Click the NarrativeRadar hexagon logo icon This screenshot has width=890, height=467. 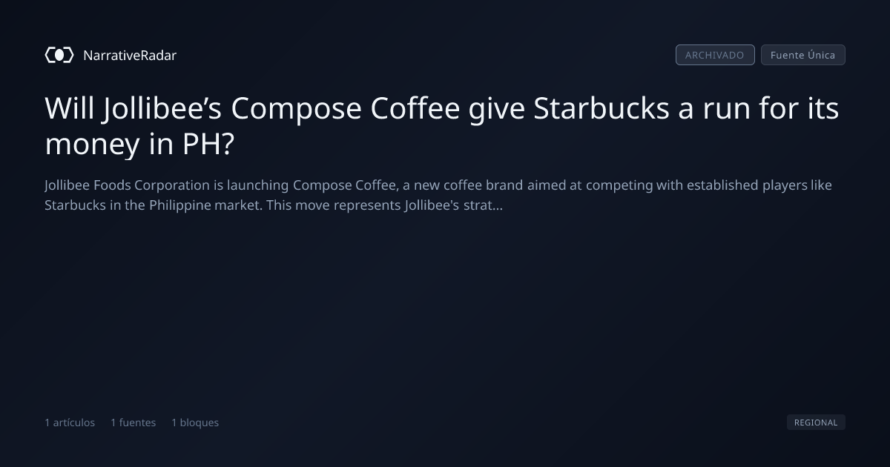[59, 55]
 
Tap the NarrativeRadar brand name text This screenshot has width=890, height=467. [130, 56]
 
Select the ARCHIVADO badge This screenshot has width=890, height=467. [715, 55]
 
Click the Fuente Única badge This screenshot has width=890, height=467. [802, 55]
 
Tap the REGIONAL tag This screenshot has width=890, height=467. [816, 422]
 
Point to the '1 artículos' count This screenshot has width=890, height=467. [70, 423]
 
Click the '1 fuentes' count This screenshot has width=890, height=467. [133, 423]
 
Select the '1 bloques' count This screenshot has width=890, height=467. [195, 423]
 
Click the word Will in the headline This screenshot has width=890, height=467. [70, 108]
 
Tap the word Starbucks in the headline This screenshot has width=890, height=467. [601, 108]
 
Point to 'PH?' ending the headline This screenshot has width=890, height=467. [208, 144]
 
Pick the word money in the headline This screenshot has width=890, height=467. [92, 145]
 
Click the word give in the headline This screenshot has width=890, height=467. [497, 110]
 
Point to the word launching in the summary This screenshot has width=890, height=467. [258, 186]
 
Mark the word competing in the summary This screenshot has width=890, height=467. [619, 186]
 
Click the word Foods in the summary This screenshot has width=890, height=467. [112, 185]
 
